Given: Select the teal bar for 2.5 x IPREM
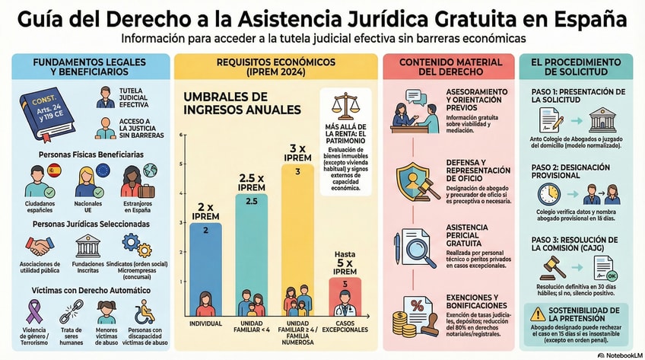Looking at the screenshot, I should coord(251,244).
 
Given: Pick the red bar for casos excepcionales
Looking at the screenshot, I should coord(345,293).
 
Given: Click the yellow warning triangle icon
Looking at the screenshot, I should coord(537,313).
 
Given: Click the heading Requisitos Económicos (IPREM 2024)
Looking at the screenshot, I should coord(275,66).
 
